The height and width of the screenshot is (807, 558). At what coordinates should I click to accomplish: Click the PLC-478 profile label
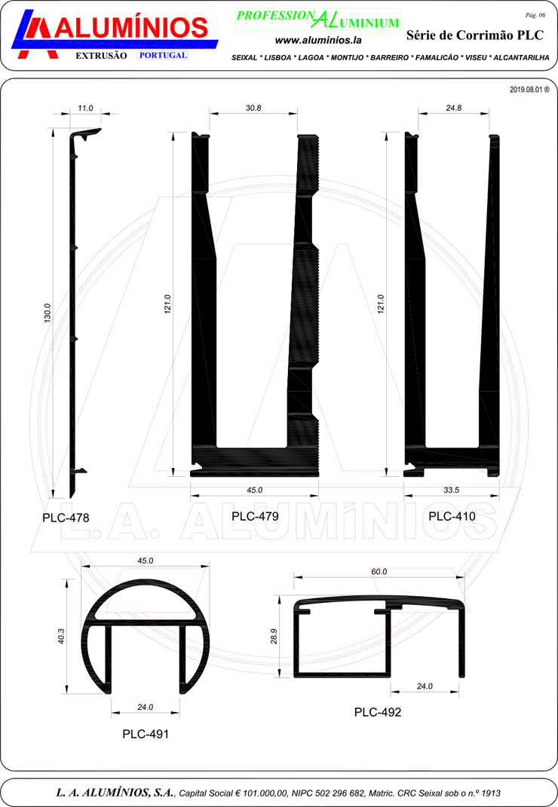pos(66,517)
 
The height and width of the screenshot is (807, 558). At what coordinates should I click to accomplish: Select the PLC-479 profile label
pos(255,516)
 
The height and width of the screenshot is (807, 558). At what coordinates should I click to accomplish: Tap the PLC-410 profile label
pos(452,516)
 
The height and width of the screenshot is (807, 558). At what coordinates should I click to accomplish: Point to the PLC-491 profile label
pos(146,734)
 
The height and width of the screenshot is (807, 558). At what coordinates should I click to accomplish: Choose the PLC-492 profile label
pos(378,712)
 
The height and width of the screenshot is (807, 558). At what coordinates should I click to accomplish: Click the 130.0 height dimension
pos(48,313)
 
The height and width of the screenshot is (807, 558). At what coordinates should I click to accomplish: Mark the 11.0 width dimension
pos(85,108)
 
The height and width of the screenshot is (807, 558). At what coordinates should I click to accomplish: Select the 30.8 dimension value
pos(253,108)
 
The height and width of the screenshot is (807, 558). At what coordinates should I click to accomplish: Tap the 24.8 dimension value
pos(454,108)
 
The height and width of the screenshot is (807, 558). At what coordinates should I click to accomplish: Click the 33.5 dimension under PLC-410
pos(452,490)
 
